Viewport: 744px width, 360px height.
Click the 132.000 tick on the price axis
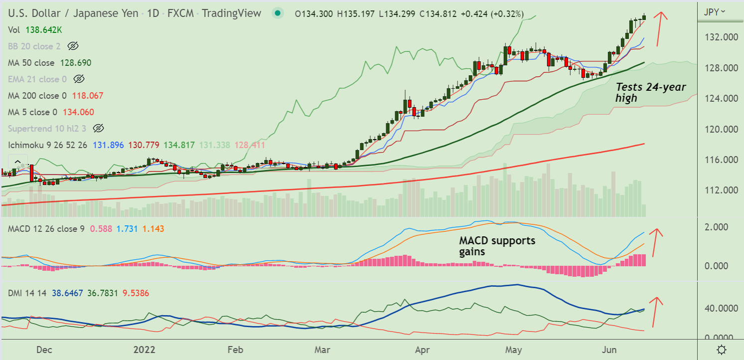pos(720,37)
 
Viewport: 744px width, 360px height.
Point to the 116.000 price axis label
pos(720,160)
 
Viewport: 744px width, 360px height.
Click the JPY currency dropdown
pos(714,12)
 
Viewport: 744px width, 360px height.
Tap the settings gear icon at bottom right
pos(721,349)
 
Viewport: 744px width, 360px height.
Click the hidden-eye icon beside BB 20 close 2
pos(73,46)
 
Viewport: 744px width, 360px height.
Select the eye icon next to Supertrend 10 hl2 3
pos(98,129)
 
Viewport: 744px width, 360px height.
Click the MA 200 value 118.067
pos(88,96)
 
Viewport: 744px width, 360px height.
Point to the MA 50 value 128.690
pos(76,63)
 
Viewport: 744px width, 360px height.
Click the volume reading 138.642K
pos(44,30)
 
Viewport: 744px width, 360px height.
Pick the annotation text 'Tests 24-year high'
pos(650,92)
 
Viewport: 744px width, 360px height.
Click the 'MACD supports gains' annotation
pos(497,246)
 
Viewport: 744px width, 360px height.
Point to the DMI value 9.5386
pos(136,293)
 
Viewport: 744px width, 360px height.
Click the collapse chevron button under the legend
pos(17,162)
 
